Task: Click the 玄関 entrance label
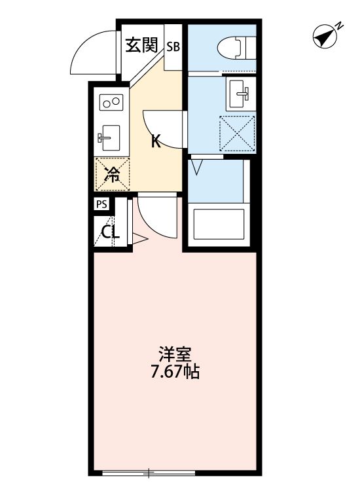pos(141,45)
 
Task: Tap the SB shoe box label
pos(173,46)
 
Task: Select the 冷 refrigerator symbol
pos(113,174)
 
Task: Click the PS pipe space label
pos(101,204)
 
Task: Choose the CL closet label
pos(110,232)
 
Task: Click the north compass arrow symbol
pos(325,37)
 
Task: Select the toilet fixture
pos(236,47)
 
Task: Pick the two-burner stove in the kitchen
pos(112,101)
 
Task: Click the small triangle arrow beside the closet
pos(141,242)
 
